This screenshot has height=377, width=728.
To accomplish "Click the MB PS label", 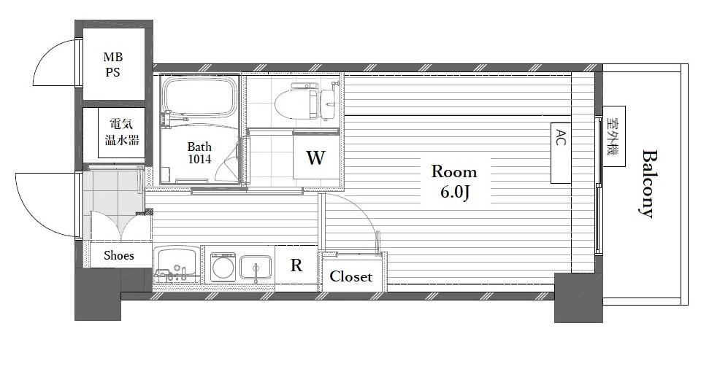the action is click(x=112, y=65).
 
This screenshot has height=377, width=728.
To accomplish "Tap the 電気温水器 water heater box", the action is click(x=122, y=133).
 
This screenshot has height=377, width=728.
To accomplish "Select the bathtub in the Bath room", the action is click(x=200, y=96).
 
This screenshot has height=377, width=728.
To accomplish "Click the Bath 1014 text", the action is click(x=199, y=153).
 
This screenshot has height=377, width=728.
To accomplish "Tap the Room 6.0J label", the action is click(x=453, y=181).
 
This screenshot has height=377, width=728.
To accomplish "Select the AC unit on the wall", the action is click(x=561, y=152).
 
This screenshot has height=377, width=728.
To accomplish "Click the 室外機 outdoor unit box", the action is click(x=614, y=136).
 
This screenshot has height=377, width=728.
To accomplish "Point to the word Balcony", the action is click(x=648, y=183).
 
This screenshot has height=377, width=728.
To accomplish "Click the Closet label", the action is click(x=351, y=276).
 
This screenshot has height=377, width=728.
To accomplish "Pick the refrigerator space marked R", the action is click(x=296, y=266).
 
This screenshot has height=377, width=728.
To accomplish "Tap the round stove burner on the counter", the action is click(x=223, y=268).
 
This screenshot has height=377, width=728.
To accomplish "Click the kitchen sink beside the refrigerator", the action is click(x=256, y=268).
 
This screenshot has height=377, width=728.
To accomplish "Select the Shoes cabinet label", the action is click(x=119, y=255).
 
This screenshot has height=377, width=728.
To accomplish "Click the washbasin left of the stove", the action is click(x=177, y=264).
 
